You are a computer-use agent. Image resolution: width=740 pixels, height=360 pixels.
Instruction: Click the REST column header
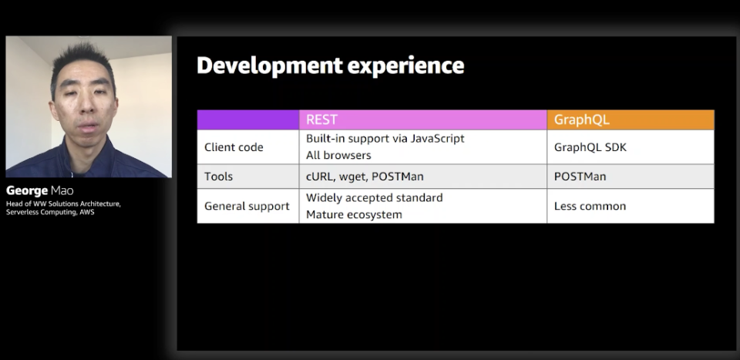322,119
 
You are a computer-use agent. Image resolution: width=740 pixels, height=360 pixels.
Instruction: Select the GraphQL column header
581,119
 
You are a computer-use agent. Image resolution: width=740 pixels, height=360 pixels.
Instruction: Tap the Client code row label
234,147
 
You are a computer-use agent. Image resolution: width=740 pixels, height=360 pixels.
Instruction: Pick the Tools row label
218,177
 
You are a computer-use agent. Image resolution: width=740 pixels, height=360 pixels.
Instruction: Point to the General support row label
247,206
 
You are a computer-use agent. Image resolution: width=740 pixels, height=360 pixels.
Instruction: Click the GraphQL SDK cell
590,147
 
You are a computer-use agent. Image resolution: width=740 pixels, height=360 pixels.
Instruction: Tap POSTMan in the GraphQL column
580,177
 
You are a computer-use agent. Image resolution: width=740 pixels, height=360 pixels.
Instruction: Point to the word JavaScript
437,139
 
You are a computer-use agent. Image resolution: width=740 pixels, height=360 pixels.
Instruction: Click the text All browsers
338,155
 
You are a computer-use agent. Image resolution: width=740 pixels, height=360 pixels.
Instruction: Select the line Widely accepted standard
375,197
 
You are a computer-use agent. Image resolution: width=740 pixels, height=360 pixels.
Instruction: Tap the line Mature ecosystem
354,214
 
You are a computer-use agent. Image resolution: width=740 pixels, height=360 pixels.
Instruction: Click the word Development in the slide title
269,66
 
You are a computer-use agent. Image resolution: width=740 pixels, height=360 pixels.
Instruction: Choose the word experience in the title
406,66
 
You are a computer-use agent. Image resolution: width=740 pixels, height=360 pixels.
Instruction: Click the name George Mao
39,191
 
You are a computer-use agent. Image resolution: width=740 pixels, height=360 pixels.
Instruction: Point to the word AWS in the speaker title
87,212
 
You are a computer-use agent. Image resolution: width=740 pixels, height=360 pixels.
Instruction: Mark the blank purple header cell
247,119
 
